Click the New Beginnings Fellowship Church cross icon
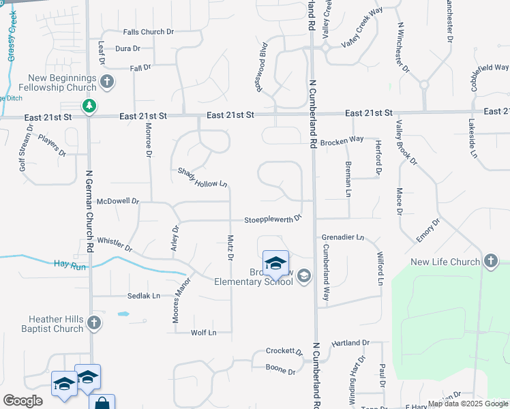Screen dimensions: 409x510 coord(106,82)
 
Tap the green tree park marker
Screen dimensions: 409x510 coord(89,106)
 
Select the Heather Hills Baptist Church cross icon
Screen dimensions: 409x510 coord(94,322)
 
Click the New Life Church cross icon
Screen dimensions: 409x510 coord(490,261)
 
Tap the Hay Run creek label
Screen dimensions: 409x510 coord(70,267)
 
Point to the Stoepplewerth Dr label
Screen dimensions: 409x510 coord(273,219)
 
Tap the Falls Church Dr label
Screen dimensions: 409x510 coord(149,32)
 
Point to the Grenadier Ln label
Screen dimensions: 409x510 coord(343,238)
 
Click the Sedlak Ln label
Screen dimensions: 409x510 coord(143,296)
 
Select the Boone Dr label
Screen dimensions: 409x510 coord(281,371)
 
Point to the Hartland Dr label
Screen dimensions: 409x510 coord(350,343)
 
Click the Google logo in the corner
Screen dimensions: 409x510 coord(22,401)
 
